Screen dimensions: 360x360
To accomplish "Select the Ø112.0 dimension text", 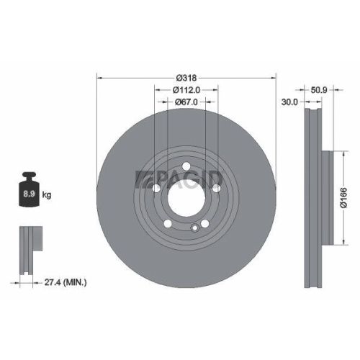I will point(186,90).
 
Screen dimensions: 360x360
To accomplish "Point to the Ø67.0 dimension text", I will point(186,102).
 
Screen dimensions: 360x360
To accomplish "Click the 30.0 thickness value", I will point(289,102).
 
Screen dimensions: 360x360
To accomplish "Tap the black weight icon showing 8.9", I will point(30,192).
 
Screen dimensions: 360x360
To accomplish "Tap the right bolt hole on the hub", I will point(215,188).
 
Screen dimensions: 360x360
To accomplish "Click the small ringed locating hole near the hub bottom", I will point(194,228).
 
